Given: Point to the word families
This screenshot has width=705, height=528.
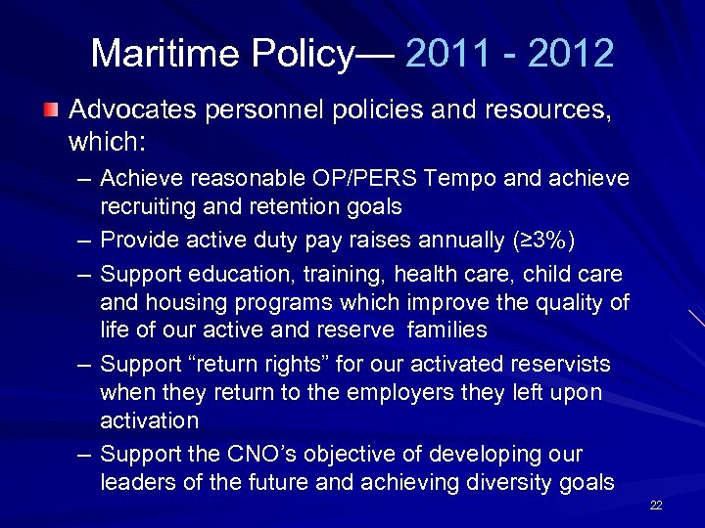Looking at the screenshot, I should [x=445, y=330].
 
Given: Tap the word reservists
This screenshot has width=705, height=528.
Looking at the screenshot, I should [x=560, y=366].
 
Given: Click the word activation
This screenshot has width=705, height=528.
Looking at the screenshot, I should [x=149, y=420].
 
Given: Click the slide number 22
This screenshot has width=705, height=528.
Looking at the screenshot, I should [x=656, y=505].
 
